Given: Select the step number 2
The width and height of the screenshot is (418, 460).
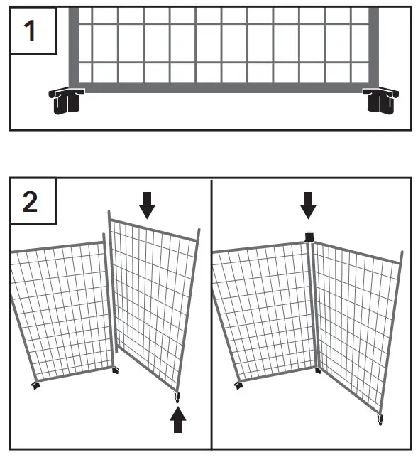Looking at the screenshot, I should coord(31,202).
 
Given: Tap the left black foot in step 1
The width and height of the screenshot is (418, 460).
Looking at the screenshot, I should coord(65,101).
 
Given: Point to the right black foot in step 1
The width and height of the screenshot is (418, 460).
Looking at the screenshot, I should coord(380,101).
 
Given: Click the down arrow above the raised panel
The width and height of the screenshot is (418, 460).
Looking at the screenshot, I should coord(146,205).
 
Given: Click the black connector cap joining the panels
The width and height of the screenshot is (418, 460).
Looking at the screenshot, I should coord(309,237).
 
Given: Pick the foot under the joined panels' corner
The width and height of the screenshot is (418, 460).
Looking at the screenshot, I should coord(317,370).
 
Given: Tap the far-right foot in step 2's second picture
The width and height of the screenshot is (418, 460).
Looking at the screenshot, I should coord(381,419).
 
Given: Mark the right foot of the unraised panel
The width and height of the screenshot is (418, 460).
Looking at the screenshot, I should coord(116,370).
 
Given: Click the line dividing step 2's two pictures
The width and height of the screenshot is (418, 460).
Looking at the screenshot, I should coord(211,313).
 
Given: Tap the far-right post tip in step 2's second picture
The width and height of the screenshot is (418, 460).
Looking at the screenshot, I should coord(402,252).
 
